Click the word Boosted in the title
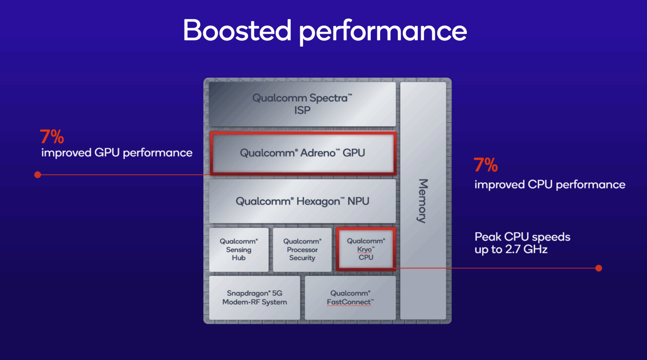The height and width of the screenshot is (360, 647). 237,31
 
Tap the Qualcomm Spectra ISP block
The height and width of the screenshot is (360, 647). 302,104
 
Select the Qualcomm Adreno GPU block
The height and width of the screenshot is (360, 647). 303,153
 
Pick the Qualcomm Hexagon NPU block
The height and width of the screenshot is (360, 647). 302,201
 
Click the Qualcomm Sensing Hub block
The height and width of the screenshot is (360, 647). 239,250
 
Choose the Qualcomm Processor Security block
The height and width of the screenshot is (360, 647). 302,250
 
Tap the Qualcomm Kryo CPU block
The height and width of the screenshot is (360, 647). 366,249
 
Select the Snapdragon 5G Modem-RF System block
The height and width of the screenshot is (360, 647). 254,298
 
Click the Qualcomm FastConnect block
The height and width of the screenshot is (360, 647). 350,298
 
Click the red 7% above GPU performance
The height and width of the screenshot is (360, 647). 52,137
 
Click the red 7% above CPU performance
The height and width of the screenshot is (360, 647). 486,165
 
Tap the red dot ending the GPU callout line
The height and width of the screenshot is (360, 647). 38,175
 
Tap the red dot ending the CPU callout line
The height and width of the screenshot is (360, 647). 598,268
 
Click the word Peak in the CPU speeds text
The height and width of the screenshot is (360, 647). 488,237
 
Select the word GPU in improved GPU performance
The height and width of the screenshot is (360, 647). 107,153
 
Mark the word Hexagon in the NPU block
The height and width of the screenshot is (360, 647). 318,201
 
